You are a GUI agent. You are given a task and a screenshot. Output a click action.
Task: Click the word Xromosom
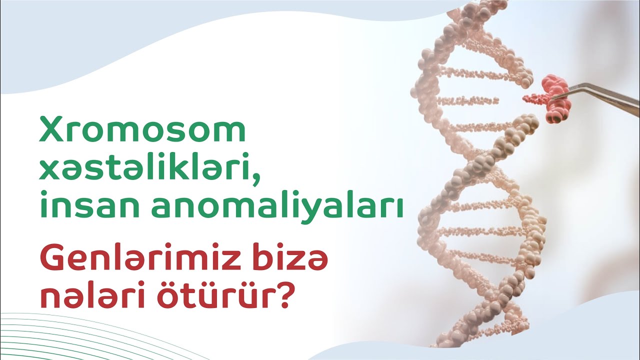point(142,131)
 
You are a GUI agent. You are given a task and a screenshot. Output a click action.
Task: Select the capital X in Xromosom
point(52,131)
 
